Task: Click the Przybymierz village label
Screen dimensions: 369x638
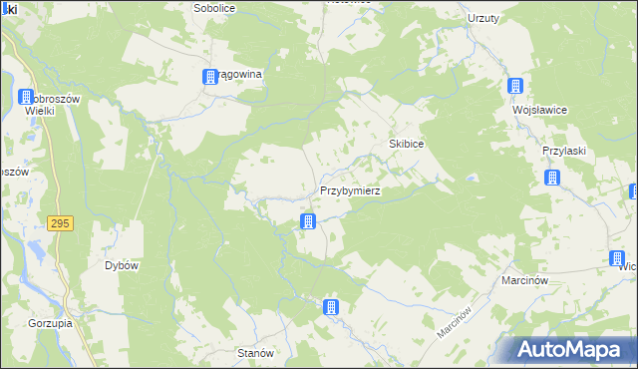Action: [350, 189]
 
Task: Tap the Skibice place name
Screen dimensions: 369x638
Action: [407, 145]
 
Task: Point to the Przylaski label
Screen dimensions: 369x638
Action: [562, 150]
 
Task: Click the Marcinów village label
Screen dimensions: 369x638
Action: [525, 281]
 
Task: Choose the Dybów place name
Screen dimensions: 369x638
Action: [121, 266]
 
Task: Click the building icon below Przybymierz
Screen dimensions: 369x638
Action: [309, 221]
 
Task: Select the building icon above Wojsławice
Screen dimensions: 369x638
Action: [515, 87]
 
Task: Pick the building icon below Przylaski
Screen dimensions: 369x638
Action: [552, 179]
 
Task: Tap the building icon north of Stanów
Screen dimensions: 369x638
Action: [332, 307]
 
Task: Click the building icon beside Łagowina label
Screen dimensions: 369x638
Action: [210, 77]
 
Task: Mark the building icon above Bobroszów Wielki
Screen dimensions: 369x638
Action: [26, 98]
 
